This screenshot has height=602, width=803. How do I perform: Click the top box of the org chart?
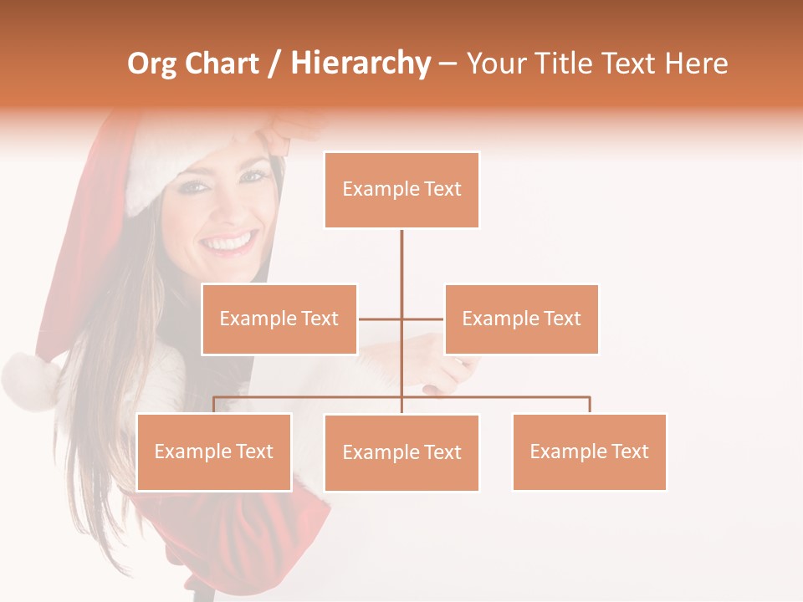pos(401,190)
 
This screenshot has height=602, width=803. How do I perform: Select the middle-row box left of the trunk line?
pos(279,319)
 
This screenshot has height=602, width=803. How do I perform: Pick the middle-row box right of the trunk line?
pos(521,319)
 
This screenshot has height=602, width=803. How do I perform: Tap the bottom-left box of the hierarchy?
pos(214,451)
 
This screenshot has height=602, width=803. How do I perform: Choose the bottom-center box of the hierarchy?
pos(401,452)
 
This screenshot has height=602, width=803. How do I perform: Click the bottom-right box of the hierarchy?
pos(589,451)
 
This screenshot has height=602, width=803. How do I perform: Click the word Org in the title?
pos(152,64)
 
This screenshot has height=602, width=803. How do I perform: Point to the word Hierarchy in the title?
pos(360,64)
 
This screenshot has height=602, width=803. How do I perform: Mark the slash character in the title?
pos(274,64)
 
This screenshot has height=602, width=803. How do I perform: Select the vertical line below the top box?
pos(401,268)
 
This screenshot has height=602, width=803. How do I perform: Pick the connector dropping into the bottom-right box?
pos(590,405)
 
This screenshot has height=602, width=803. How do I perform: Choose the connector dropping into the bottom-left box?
pos(214,405)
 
